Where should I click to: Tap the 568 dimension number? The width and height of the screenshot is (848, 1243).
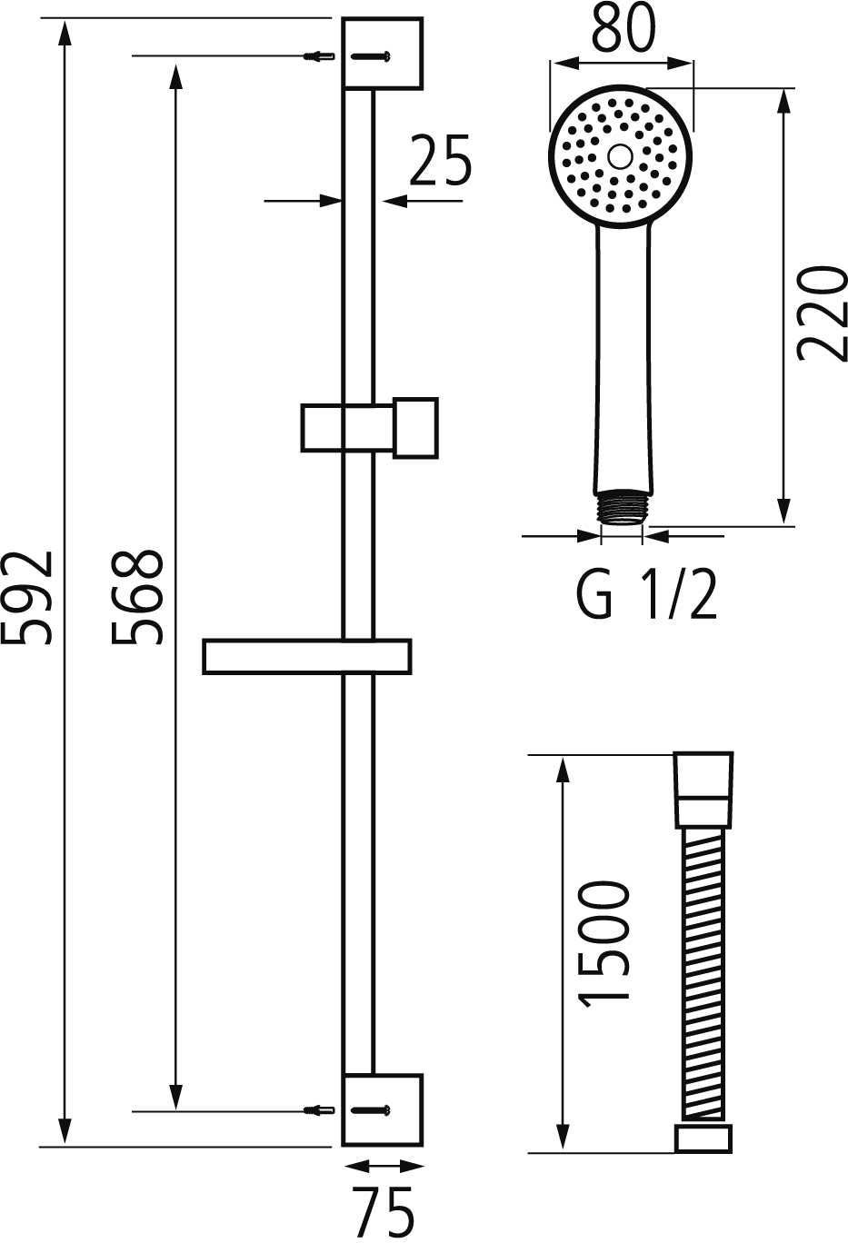(137, 597)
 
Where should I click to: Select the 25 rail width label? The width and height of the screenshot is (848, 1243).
(441, 159)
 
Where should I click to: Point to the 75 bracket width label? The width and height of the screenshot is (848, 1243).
(383, 1212)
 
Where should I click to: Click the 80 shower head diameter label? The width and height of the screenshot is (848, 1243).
(624, 27)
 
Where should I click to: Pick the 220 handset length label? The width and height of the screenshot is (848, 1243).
(822, 313)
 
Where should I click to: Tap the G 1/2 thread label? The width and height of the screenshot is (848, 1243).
(647, 594)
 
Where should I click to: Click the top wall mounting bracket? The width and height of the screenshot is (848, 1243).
(383, 54)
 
